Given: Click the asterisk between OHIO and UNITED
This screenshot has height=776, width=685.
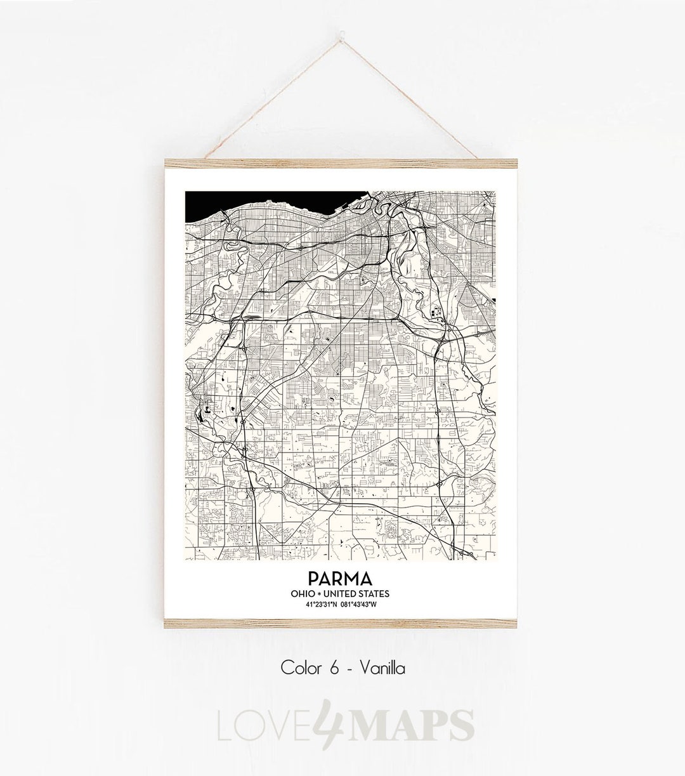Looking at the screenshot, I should [x=318, y=594].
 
